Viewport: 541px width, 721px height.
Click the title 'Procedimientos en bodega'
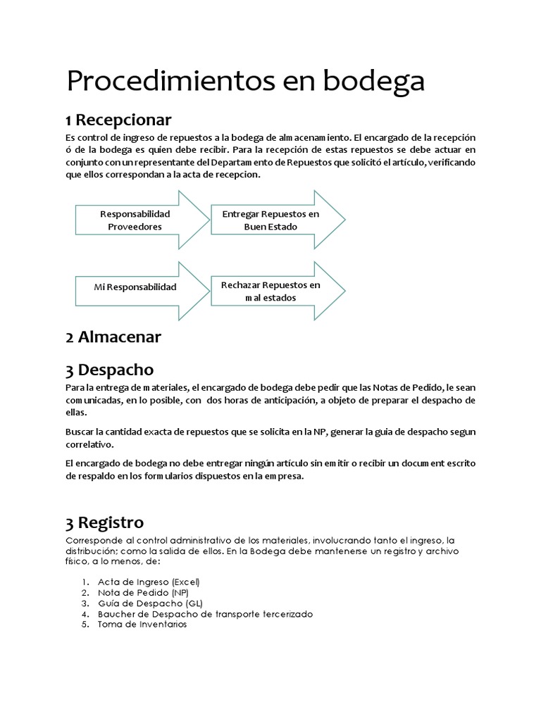(245, 82)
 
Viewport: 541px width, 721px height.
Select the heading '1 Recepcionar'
(118, 119)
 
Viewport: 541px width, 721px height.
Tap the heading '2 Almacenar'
(113, 337)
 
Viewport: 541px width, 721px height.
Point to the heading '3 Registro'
(105, 522)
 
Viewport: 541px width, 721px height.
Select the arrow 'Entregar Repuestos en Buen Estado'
(270, 220)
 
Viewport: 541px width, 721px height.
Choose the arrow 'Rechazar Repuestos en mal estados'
(270, 291)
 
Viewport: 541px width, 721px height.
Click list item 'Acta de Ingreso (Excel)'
(149, 582)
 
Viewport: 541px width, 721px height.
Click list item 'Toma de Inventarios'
(142, 625)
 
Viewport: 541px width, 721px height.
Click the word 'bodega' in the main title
(374, 82)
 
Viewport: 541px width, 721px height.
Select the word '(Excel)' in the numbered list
(185, 582)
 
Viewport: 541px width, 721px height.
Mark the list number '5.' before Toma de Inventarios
(85, 625)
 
